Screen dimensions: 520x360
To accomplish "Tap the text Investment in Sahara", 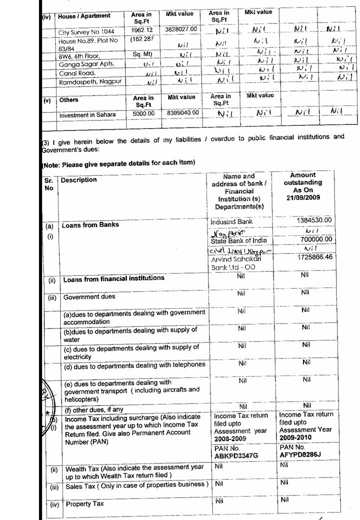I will click(87, 115).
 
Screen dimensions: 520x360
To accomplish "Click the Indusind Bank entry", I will click(232, 221).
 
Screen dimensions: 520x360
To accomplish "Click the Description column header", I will click(79, 180).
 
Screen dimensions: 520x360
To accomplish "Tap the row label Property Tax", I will click(85, 504).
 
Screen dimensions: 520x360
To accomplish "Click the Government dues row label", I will click(89, 297).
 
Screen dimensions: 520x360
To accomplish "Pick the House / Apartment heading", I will click(84, 16).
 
